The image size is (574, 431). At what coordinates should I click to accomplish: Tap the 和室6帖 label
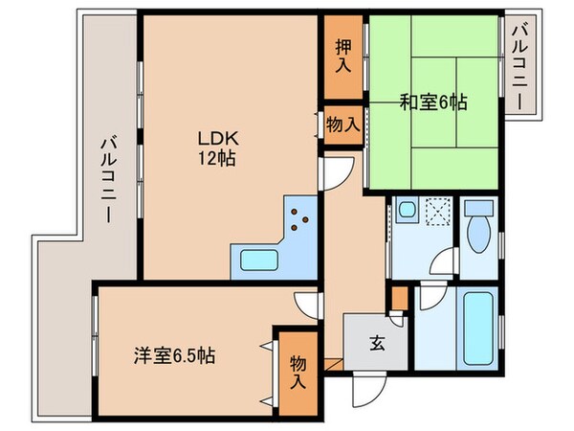(432, 100)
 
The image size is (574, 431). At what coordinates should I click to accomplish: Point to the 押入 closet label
(342, 57)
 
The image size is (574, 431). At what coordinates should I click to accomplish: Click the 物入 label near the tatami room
(342, 125)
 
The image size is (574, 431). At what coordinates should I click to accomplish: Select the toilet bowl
(475, 230)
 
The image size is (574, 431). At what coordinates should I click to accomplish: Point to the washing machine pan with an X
(439, 210)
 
